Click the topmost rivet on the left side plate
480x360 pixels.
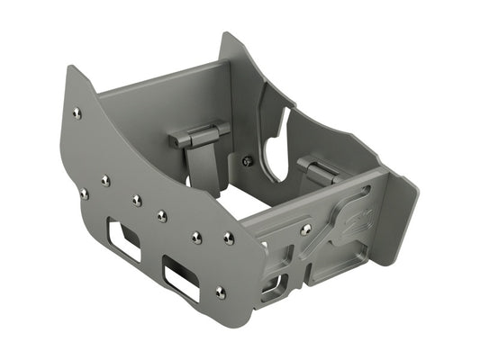(77, 112)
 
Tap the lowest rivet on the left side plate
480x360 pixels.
(221, 292)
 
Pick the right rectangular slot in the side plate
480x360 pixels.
(180, 278)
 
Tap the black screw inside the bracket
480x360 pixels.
(248, 161)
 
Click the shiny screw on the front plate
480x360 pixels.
(306, 229)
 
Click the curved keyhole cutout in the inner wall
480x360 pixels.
(279, 144)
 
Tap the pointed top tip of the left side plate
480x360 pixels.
(73, 71)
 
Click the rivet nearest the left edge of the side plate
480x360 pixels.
(84, 193)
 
